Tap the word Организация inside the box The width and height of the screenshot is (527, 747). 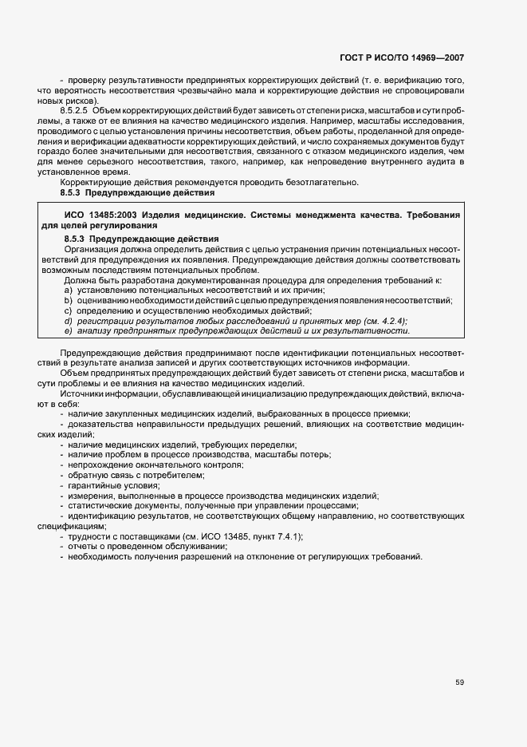[x=90, y=249]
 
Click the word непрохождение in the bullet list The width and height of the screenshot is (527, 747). [x=99, y=464]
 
